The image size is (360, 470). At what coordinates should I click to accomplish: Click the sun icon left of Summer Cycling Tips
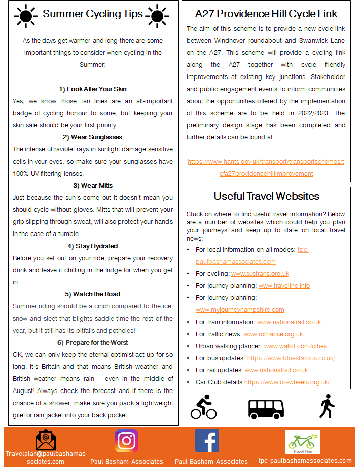click(26, 15)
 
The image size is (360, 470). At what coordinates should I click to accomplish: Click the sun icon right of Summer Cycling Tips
click(157, 15)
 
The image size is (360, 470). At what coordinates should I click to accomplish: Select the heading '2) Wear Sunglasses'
click(93, 137)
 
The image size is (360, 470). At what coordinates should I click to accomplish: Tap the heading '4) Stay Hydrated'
click(93, 246)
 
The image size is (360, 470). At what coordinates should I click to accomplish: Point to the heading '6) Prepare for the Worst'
click(93, 342)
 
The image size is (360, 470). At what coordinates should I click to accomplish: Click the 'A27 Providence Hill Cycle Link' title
click(266, 14)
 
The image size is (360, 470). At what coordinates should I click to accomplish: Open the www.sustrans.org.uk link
click(260, 274)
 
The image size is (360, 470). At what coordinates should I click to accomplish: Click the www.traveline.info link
click(284, 286)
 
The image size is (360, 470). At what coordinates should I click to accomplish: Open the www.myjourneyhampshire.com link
click(240, 310)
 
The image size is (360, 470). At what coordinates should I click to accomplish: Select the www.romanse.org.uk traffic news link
click(273, 334)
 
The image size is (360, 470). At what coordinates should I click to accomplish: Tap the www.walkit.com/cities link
click(295, 346)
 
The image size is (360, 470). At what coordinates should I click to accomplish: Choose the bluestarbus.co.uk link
click(291, 358)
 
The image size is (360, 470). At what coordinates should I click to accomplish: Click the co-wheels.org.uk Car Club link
click(287, 382)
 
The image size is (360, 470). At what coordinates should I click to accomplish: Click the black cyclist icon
click(203, 407)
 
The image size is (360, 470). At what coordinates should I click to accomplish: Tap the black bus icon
click(266, 408)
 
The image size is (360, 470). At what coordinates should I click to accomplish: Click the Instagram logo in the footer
click(126, 441)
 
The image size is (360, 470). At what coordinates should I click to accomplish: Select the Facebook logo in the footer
click(207, 441)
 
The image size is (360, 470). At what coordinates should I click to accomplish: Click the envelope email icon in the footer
click(46, 440)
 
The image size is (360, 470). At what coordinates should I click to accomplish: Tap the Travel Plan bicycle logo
click(302, 442)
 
